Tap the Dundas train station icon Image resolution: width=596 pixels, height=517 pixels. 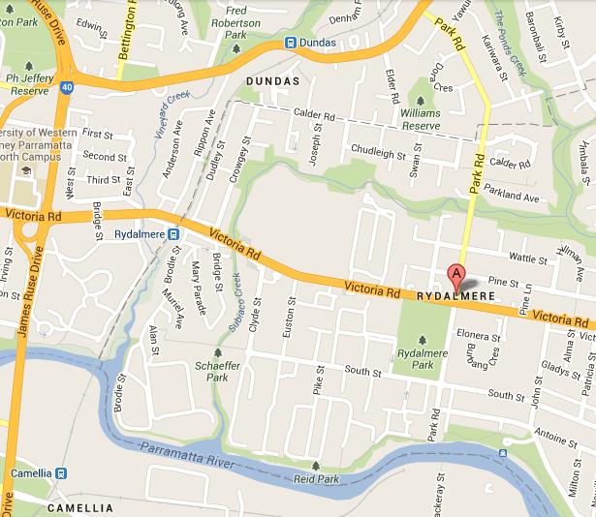[x=291, y=43]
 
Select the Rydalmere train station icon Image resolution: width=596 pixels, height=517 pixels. [x=172, y=232]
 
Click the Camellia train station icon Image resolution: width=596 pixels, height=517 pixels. [x=61, y=473]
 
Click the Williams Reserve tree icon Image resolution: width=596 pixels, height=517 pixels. [x=421, y=98]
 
